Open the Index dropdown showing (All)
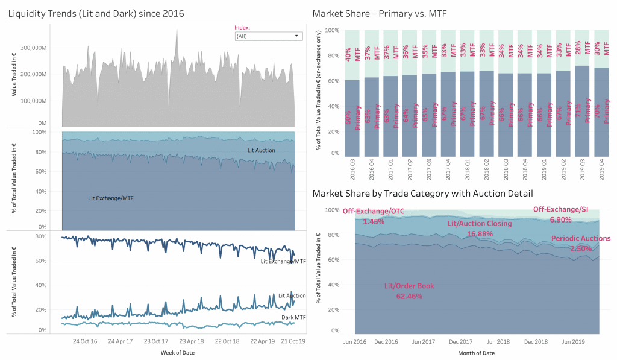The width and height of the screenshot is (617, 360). click(268, 36)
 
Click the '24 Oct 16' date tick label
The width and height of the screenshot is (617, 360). click(85, 341)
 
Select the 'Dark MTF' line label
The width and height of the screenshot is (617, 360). click(293, 317)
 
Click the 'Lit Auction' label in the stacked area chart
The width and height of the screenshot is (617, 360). click(262, 149)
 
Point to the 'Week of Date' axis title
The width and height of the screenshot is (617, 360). click(178, 352)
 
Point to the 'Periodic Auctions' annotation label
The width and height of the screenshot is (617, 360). click(580, 239)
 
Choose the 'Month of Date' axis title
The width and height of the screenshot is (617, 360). click(477, 352)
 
